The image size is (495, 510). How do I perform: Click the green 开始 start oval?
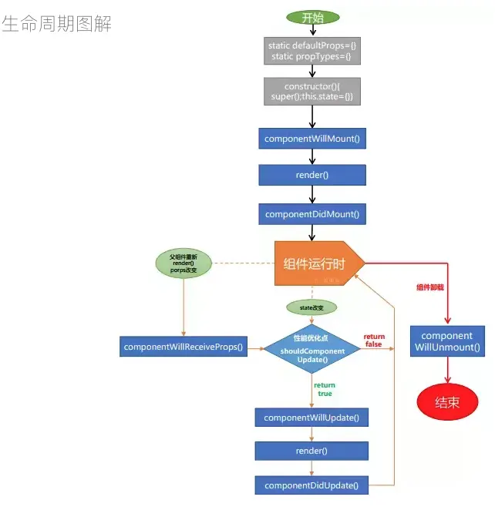(x=312, y=18)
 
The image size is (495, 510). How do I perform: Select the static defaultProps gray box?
(x=312, y=52)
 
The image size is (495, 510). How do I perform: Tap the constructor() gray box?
(x=312, y=91)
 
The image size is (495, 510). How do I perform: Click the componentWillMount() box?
(x=312, y=139)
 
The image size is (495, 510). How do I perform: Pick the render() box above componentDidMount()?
(x=312, y=175)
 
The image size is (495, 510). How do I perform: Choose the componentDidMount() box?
(x=312, y=213)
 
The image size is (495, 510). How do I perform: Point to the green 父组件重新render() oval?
(x=184, y=263)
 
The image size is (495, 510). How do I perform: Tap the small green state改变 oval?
(x=311, y=307)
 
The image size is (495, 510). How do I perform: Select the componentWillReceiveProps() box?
(x=183, y=347)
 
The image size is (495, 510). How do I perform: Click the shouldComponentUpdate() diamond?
(x=312, y=349)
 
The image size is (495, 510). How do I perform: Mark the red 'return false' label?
(x=374, y=341)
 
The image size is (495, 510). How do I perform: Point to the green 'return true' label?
(x=325, y=388)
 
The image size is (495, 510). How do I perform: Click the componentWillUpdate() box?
(x=311, y=418)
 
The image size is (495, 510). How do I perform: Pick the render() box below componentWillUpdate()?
(x=311, y=451)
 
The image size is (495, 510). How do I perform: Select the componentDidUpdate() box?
(x=311, y=485)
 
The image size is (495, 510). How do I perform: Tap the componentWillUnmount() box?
(x=447, y=342)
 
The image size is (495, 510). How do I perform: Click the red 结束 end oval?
(x=447, y=403)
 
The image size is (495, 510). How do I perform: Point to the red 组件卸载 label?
(x=430, y=287)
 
